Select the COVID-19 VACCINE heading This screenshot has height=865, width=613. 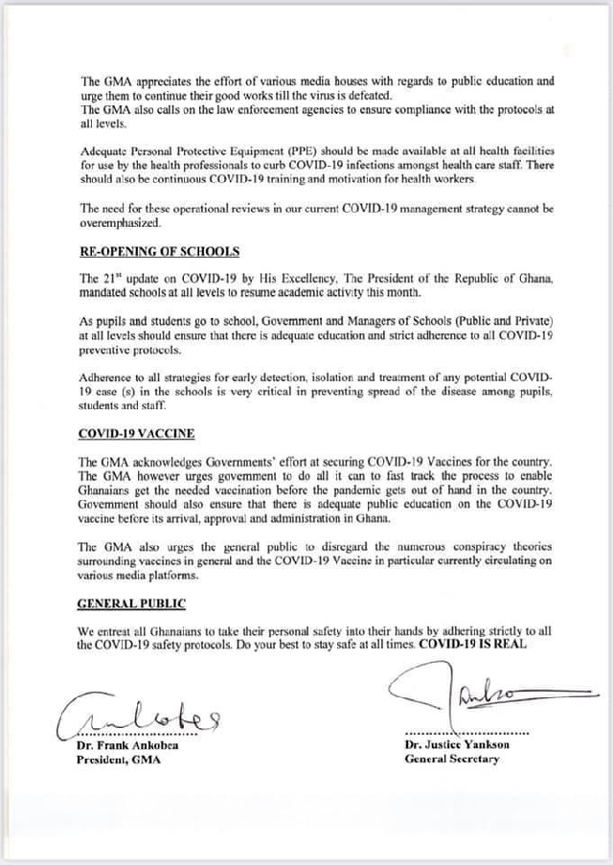pyautogui.click(x=136, y=433)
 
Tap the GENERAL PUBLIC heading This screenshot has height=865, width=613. pyautogui.click(x=132, y=603)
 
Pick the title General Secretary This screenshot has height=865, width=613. pyautogui.click(x=451, y=759)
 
